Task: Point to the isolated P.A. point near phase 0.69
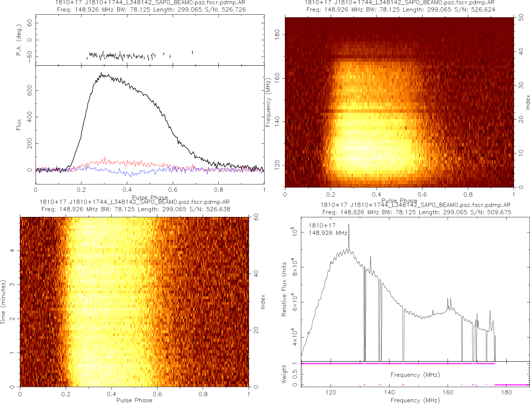[192, 52]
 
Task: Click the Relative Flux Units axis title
[284, 289]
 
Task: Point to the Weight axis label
[284, 375]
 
